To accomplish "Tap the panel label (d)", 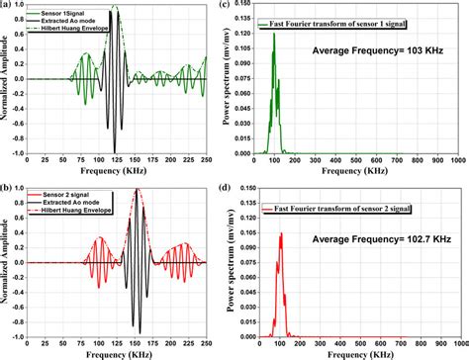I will pos(243,187).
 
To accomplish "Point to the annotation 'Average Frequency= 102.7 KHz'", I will pos(376,237).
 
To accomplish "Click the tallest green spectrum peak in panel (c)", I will pos(275,35).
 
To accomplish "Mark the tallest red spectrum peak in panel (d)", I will pos(282,233).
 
